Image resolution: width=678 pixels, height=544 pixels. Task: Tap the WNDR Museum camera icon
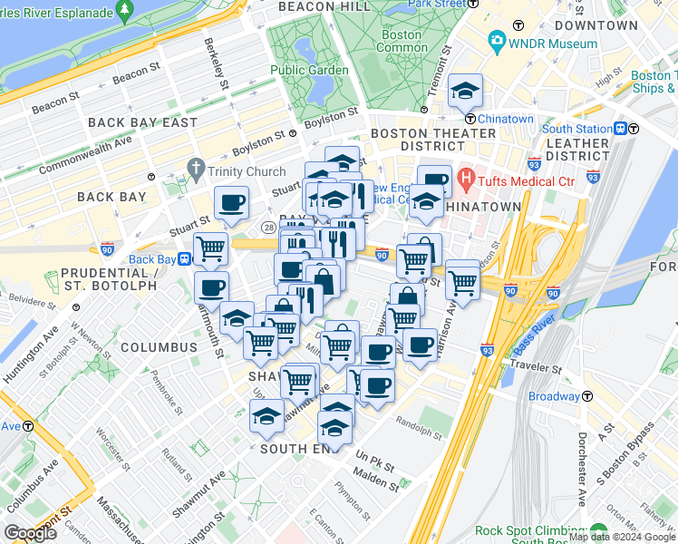tap(496, 42)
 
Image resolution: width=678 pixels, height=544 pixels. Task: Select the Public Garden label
tap(308, 70)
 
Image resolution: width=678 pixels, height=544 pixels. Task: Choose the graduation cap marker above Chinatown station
tap(467, 90)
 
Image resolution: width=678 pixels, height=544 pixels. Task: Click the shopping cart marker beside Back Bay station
tap(211, 247)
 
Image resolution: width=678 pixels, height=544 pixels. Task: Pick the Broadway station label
tap(554, 396)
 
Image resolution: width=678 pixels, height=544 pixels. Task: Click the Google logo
tap(30, 532)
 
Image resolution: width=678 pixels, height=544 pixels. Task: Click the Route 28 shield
tap(268, 226)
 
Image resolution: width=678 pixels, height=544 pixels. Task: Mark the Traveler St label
tap(536, 370)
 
